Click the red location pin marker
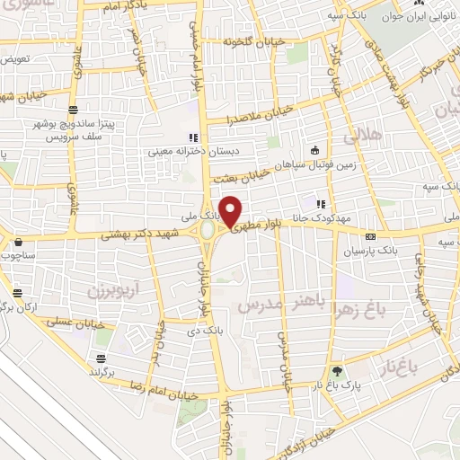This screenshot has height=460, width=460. (x=230, y=211)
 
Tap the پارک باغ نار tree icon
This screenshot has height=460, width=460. (x=336, y=370)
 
